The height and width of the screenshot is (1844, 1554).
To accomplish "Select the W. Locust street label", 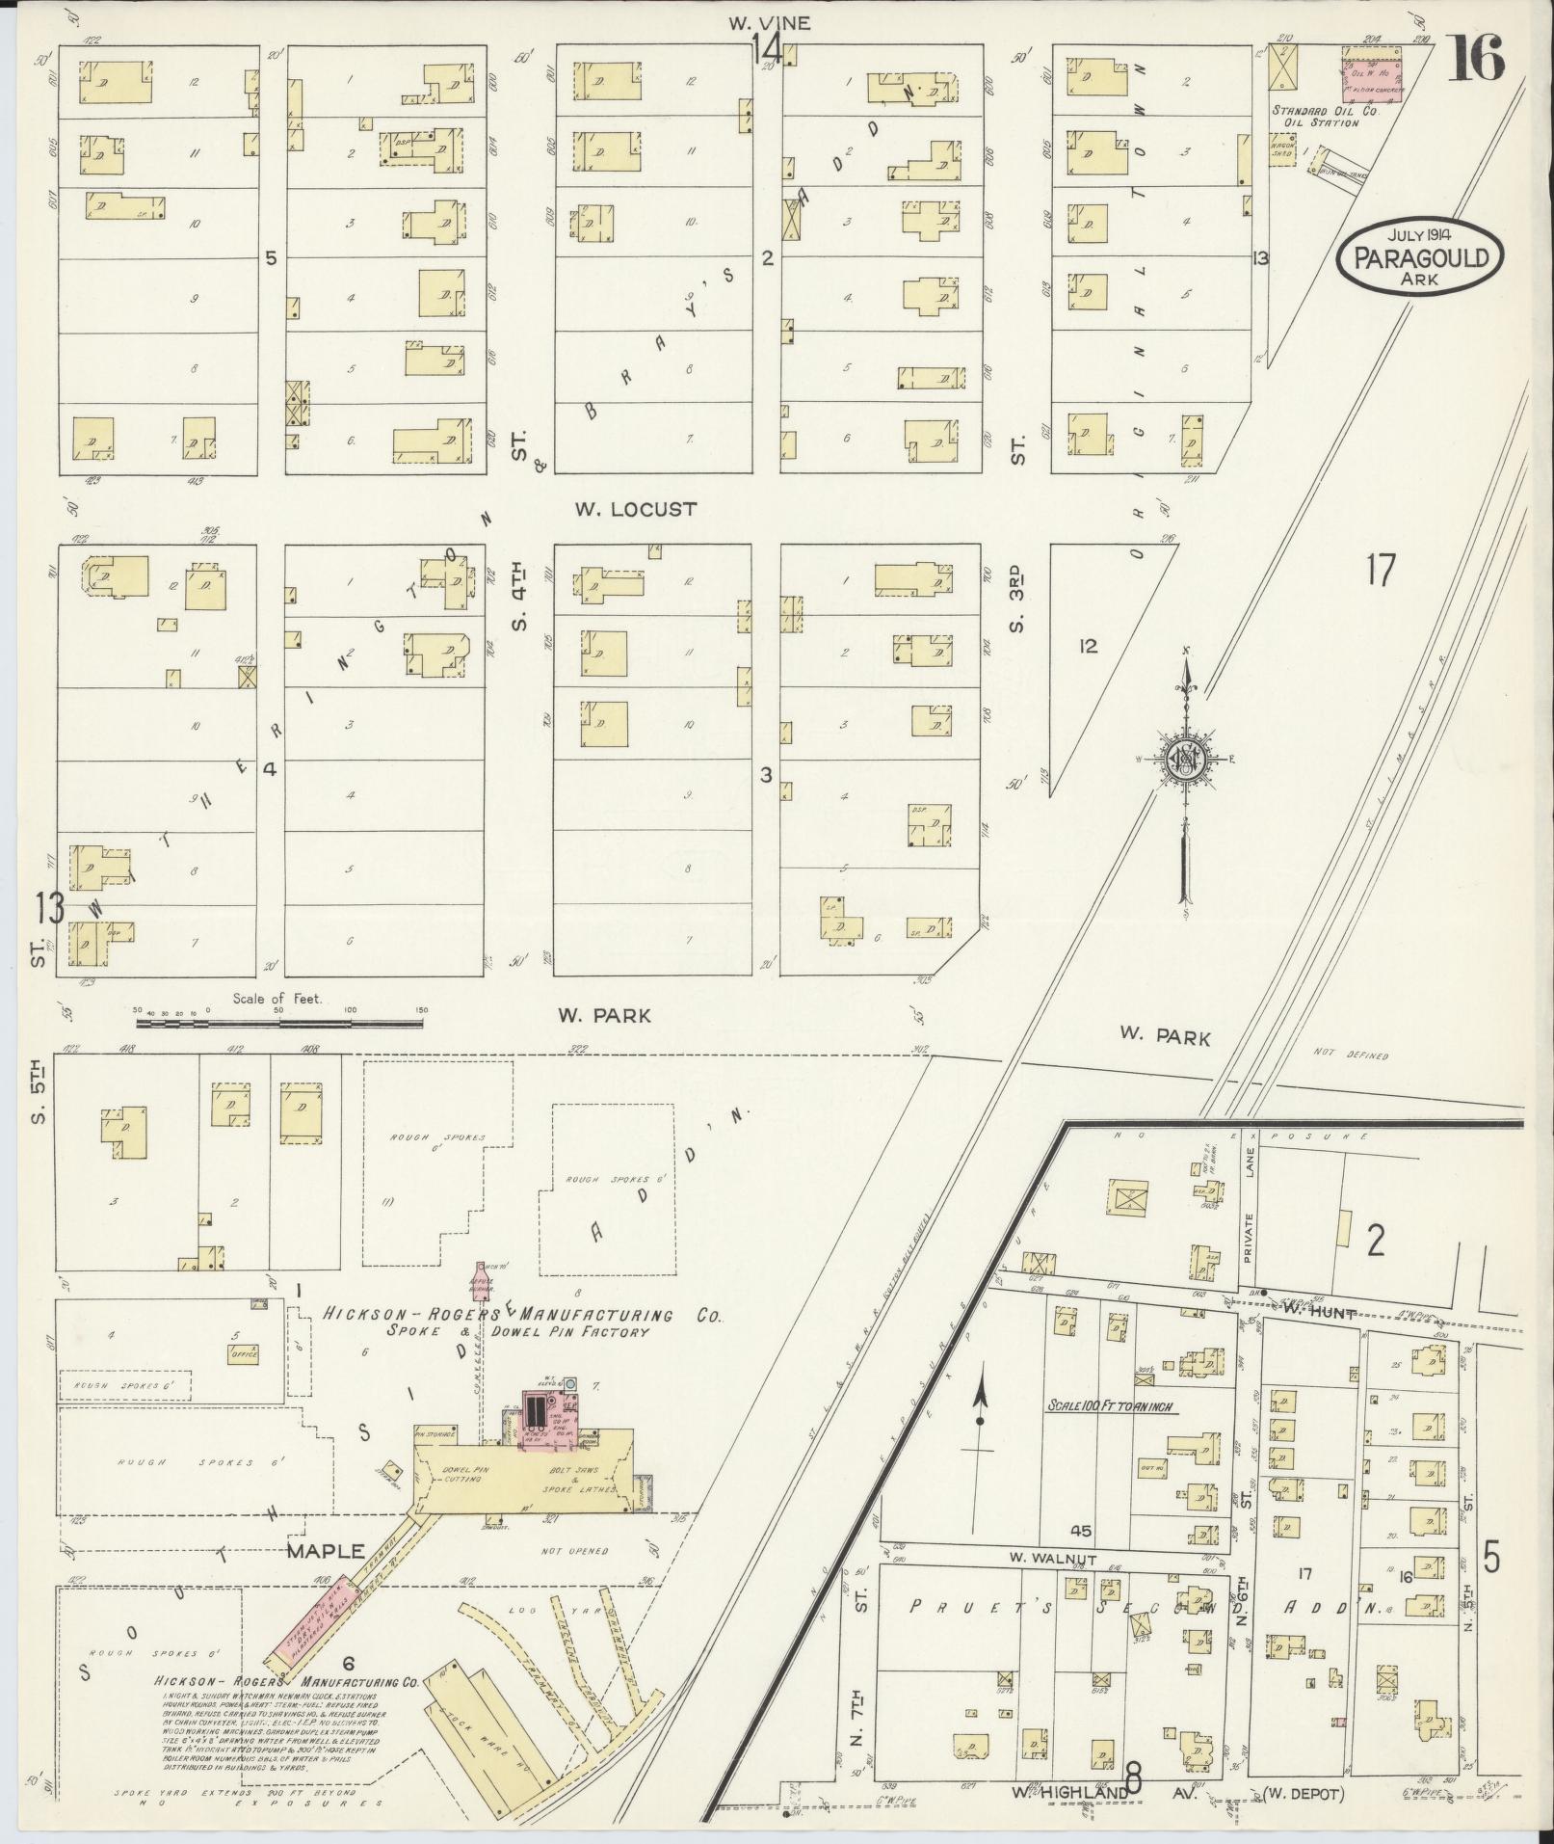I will pos(635,509).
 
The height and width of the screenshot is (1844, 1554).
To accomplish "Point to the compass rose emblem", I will pos(1186,760).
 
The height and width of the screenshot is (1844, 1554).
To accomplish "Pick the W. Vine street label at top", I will pos(769,24).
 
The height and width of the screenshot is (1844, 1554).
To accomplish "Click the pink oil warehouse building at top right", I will pos(1373,72).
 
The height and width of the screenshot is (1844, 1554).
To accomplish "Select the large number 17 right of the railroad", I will pos(1380,572).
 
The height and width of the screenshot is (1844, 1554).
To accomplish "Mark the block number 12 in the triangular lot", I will pos(1089,647).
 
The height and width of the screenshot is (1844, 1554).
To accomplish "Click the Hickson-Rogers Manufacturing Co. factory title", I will pos(520,1316).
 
